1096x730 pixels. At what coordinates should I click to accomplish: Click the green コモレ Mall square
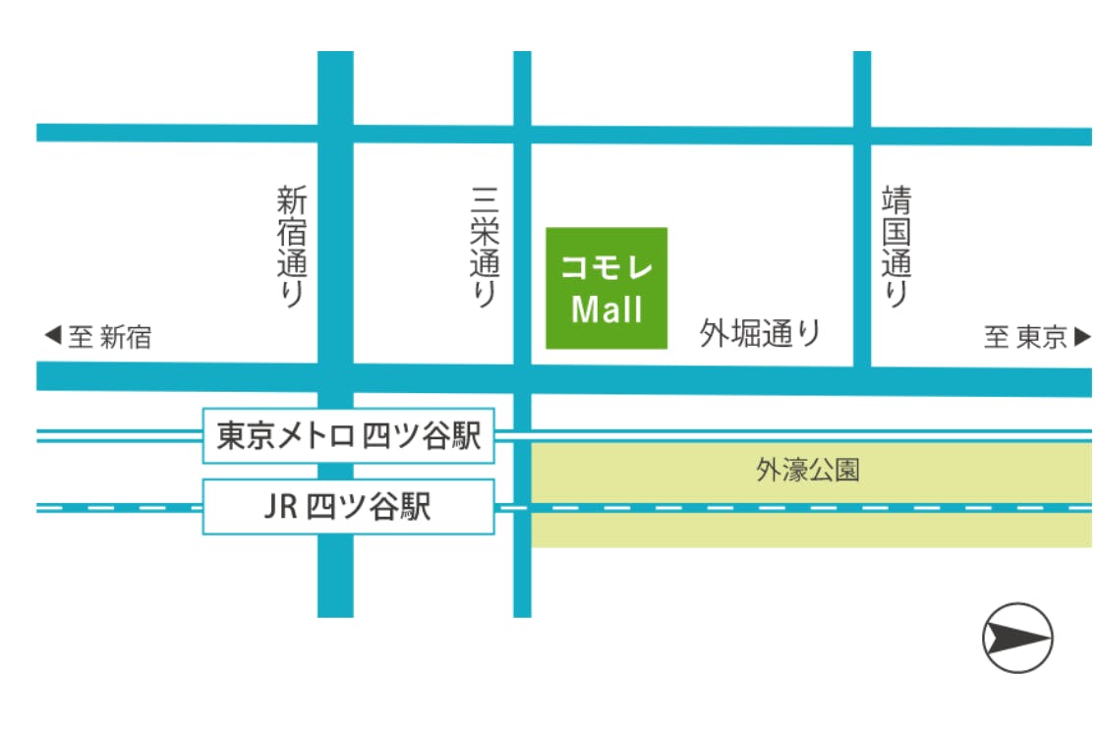[606, 288]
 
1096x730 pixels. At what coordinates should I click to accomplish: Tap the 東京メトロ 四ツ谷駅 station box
[349, 436]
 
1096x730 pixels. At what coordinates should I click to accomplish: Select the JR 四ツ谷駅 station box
[349, 507]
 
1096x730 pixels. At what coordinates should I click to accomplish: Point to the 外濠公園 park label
[808, 471]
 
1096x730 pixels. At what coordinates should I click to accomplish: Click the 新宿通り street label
[292, 249]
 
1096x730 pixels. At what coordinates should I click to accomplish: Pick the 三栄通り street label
[485, 249]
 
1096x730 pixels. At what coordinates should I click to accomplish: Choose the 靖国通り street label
[896, 249]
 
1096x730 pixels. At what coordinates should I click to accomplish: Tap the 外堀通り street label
[760, 334]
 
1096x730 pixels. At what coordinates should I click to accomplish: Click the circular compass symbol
[1017, 638]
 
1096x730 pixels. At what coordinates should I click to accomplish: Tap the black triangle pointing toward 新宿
[53, 337]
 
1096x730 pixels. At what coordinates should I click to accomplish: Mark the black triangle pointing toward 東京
[1082, 337]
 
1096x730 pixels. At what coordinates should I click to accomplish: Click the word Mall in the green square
[606, 310]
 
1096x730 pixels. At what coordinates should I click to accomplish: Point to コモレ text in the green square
[606, 266]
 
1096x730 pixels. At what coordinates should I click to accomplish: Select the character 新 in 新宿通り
[292, 202]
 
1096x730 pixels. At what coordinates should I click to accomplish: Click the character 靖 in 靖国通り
[896, 202]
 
